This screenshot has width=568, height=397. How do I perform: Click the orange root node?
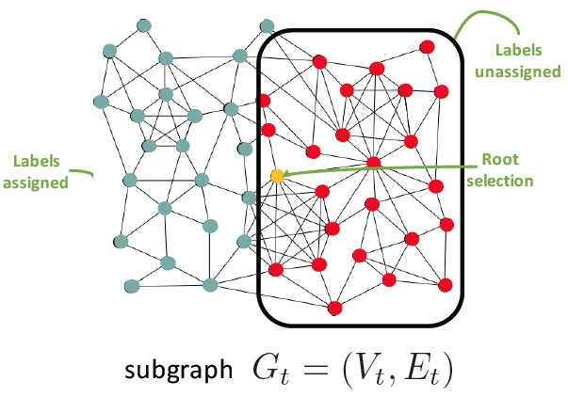point(277,176)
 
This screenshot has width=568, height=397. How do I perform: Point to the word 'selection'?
point(501,180)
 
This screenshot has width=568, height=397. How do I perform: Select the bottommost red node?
point(334,307)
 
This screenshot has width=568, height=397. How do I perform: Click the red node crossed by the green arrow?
point(373,163)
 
